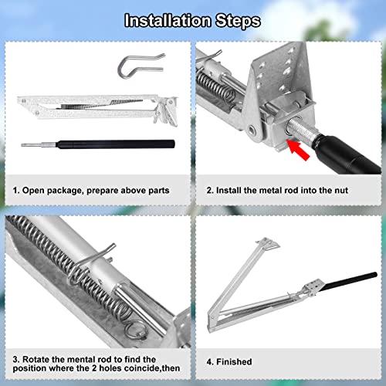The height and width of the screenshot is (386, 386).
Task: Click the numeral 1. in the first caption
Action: click(15, 189)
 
